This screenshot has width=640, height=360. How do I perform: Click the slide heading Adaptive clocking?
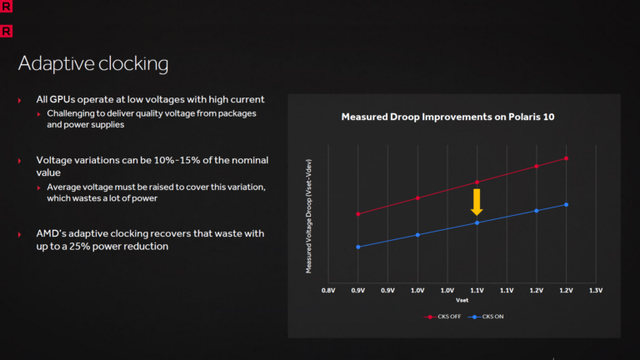click(92, 64)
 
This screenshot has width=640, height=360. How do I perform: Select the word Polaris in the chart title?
click(509, 117)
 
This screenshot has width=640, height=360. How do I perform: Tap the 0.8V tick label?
click(328, 290)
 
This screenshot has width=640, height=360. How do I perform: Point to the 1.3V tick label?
click(595, 290)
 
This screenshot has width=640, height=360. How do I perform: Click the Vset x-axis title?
click(462, 300)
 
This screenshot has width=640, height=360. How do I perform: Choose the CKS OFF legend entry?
click(447, 317)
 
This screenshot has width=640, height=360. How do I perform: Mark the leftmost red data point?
click(358, 214)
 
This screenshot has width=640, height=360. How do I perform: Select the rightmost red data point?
click(567, 157)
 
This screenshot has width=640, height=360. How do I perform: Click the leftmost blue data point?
click(358, 247)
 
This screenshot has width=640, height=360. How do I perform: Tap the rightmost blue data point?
click(567, 204)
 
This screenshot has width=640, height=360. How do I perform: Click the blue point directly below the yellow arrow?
click(477, 222)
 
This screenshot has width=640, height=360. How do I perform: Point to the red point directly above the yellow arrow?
click(477, 182)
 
